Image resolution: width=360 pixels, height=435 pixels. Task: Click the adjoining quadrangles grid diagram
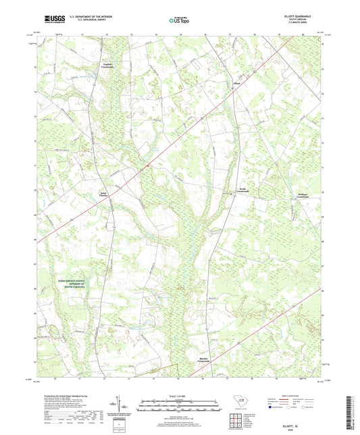pos(238,417)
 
